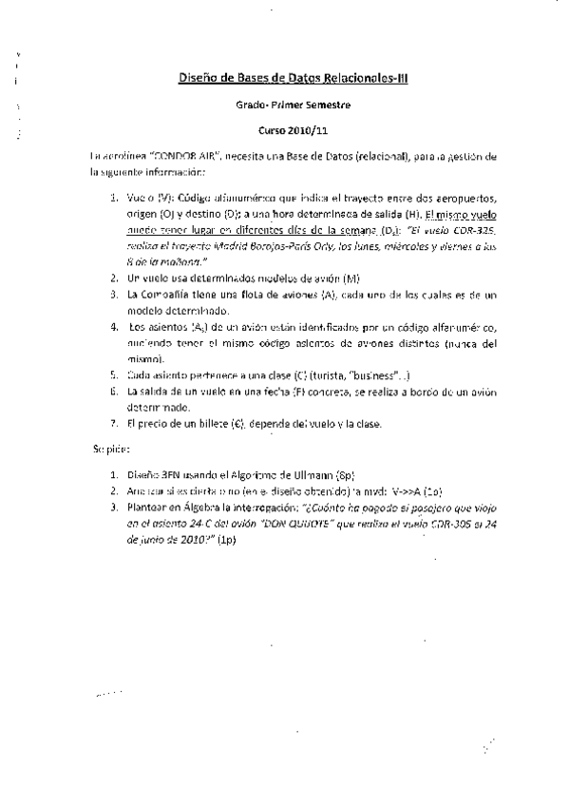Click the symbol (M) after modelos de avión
[352, 278]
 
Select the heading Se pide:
[105, 447]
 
